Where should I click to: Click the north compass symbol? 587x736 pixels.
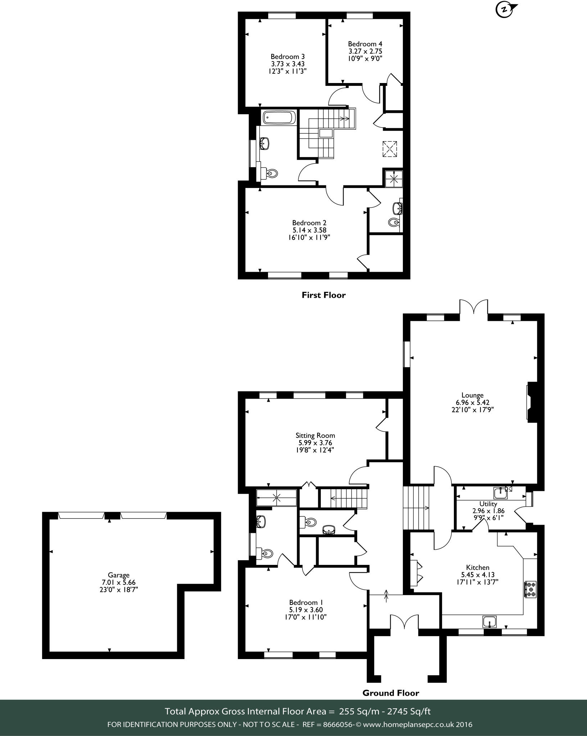[505, 10]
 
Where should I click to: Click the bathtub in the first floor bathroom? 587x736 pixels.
[279, 118]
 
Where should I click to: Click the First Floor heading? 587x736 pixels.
[323, 295]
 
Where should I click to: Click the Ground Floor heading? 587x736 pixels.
[391, 693]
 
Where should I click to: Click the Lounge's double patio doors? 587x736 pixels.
[473, 308]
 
